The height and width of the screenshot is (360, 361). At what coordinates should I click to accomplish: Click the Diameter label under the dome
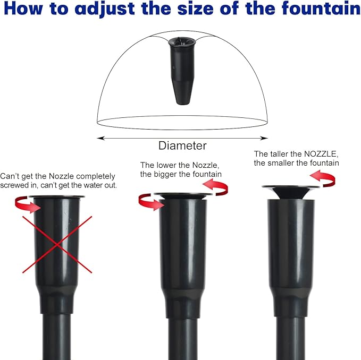(x=182, y=145)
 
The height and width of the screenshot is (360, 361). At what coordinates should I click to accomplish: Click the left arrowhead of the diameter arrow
(x=99, y=138)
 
